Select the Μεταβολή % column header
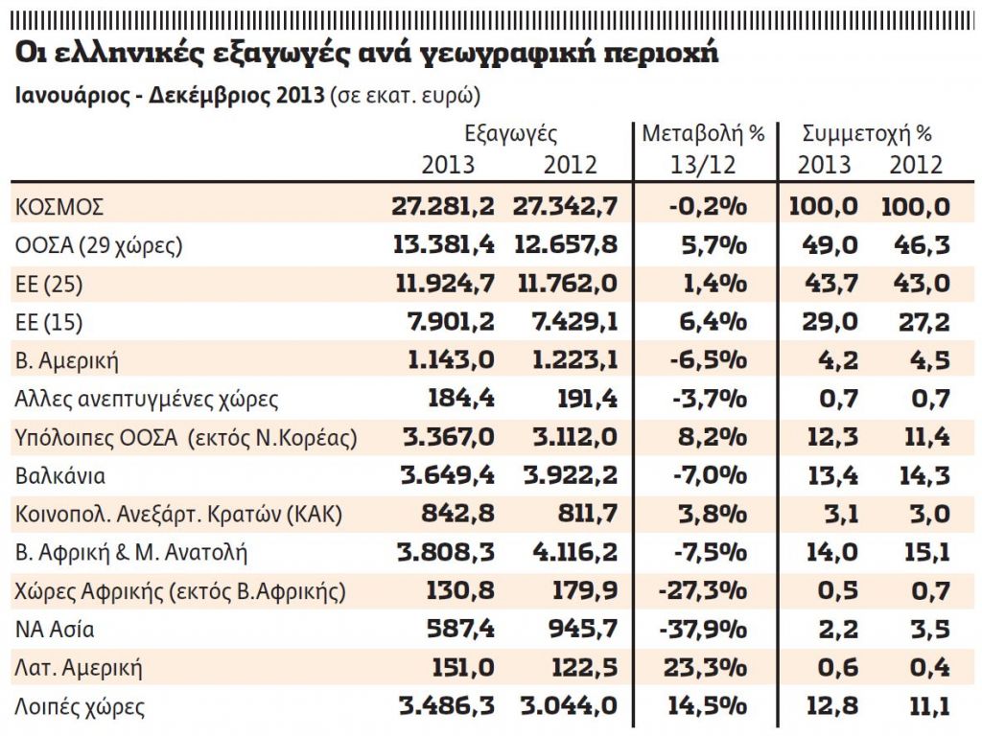coord(703,133)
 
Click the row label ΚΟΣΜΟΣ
coord(59,206)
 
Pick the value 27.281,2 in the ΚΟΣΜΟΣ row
coord(443,206)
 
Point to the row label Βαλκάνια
coord(60,475)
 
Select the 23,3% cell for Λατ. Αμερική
coord(707,668)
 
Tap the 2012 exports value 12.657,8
coord(566,244)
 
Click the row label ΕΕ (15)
coord(48,322)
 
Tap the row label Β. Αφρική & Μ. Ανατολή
coord(131,552)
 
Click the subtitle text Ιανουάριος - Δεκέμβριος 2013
coord(169,97)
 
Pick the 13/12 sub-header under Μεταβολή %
coord(704,165)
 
